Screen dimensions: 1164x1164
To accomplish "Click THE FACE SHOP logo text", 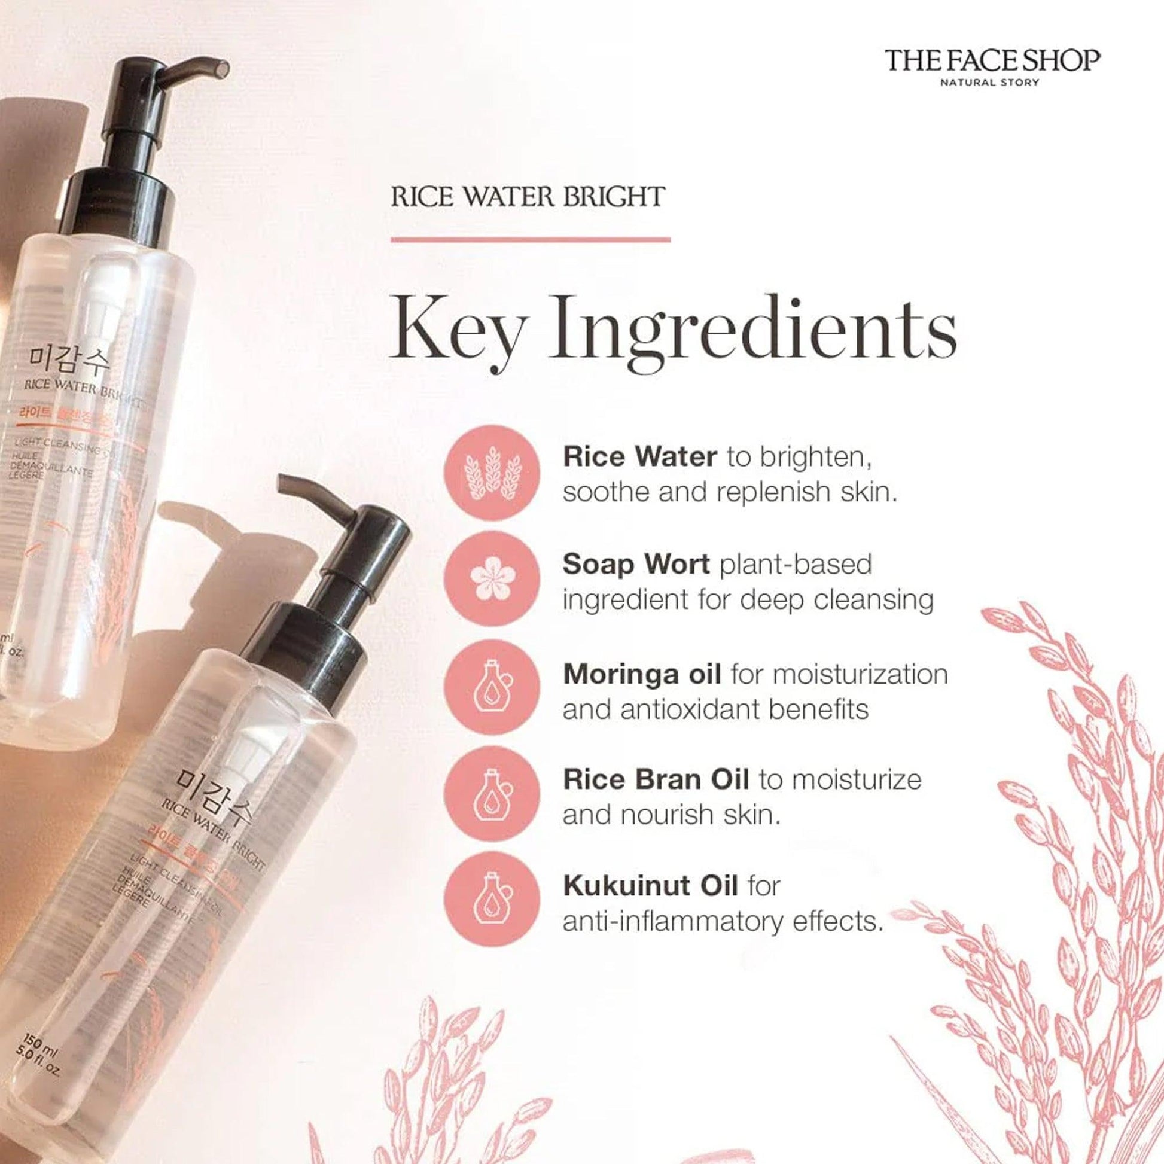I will [x=992, y=62].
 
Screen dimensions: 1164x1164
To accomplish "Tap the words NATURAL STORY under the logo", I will [x=991, y=83].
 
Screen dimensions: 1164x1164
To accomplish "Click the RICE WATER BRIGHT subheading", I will [x=528, y=197].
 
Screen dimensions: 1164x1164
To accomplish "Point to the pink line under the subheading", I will [x=530, y=240].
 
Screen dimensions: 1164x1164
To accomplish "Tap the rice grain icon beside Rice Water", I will [x=492, y=473].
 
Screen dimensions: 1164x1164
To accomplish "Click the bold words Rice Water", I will [x=640, y=456].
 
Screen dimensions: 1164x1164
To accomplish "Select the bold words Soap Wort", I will [x=636, y=565].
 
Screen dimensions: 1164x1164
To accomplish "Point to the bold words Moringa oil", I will [x=642, y=675].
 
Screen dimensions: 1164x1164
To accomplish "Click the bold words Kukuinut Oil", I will [x=650, y=886].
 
